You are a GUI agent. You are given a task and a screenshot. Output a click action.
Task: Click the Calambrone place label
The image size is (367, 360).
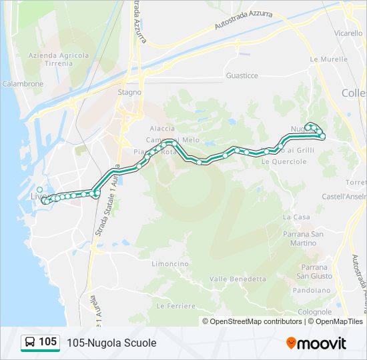[x=22, y=84]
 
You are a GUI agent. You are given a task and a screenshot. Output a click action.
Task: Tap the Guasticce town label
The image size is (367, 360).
[x=242, y=76]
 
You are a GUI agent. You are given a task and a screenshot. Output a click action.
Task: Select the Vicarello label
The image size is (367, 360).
[x=348, y=33]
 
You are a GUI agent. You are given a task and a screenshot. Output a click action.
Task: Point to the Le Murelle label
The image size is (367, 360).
[x=324, y=59]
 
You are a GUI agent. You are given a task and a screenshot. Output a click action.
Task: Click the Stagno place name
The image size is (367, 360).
[x=129, y=92]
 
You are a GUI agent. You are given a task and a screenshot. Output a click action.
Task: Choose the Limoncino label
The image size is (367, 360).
[x=170, y=264]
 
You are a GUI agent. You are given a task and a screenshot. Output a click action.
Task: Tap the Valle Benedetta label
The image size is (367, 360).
[x=238, y=279]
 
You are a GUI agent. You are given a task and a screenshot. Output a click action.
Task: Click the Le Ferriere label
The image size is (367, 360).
[x=175, y=306]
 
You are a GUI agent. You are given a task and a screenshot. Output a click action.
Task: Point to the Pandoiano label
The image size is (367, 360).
[x=311, y=291]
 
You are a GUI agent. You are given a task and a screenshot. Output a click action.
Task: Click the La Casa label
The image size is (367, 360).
[x=296, y=217]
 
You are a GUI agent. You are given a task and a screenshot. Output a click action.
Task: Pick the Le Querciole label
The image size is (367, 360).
[x=284, y=161]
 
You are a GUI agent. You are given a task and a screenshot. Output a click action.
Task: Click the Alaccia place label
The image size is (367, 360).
[x=163, y=128]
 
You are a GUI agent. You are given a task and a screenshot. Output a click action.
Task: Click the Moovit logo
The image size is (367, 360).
[x=316, y=343]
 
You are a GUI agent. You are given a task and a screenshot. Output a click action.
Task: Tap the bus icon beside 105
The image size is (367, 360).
[x=29, y=343]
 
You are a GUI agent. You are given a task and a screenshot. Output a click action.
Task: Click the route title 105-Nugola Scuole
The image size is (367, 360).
[x=111, y=343]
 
